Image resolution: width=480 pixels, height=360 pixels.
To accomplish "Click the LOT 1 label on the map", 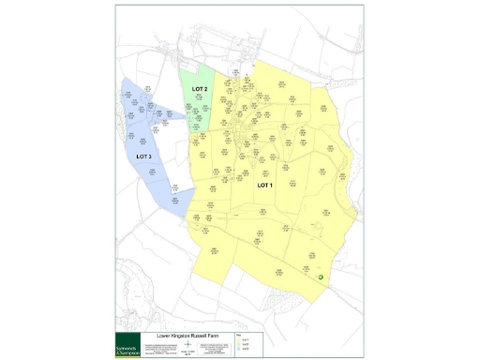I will point(264,185).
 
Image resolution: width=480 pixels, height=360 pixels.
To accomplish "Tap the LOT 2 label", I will point(199,89).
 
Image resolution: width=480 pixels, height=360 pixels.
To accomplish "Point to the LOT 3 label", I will point(143,156).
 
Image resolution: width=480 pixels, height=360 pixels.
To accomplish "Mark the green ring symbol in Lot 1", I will point(321,277).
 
